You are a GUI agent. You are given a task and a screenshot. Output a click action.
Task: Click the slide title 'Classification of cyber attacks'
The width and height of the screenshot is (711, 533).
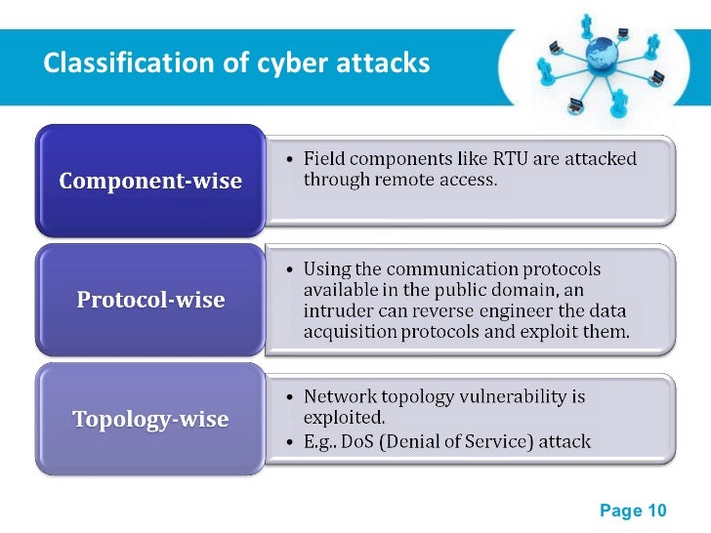pos(236,63)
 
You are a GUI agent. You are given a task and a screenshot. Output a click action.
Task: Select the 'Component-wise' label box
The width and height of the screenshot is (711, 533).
pos(150,182)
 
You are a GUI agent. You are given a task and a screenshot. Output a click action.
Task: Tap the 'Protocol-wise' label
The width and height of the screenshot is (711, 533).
pos(150,300)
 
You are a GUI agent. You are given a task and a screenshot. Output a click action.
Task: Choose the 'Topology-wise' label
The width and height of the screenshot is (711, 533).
pos(150,420)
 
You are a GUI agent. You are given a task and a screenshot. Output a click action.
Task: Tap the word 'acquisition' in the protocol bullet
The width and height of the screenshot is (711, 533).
pos(349,333)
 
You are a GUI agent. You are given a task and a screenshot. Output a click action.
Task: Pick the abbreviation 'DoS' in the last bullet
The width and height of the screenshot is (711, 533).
pos(369,442)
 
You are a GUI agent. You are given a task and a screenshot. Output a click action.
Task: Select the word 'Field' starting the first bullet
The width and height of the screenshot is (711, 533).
pos(323,158)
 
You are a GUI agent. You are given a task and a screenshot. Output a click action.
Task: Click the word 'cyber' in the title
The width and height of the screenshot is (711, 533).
pos(295,63)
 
